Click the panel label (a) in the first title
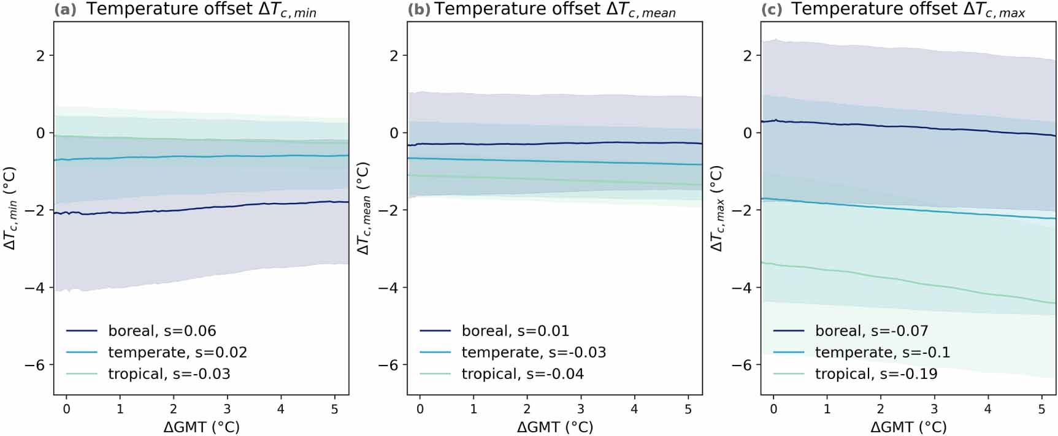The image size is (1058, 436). pos(65,10)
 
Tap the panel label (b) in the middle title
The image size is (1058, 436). pos(419,10)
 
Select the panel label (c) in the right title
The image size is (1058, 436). pos(772,10)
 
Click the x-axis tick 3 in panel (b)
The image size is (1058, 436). pos(581,408)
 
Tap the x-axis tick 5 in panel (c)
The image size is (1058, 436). pos(1041,408)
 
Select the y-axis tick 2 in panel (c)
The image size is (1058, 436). pos(748,56)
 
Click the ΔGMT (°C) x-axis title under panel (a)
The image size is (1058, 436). pos(201,427)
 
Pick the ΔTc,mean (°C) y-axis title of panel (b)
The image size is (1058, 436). pos(364,208)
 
